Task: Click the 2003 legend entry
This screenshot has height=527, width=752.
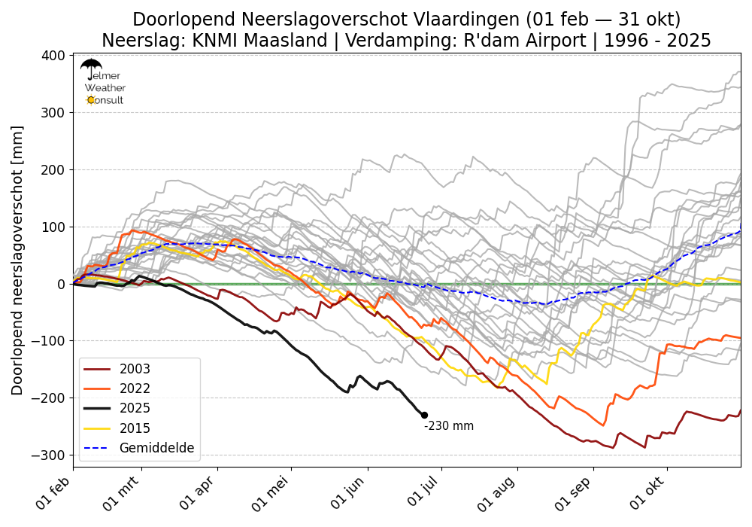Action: (x=135, y=369)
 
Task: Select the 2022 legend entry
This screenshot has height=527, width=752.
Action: (x=135, y=388)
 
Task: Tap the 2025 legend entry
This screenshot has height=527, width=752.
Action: (x=135, y=408)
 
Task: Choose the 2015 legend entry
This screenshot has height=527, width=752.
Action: (x=135, y=428)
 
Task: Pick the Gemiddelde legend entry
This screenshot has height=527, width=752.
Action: (x=156, y=448)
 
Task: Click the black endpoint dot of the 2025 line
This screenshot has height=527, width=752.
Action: (x=424, y=415)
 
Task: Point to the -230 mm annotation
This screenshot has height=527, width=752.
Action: (x=449, y=426)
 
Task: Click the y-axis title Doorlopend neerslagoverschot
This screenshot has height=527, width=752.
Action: (x=17, y=260)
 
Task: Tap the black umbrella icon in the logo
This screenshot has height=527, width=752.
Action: (x=91, y=68)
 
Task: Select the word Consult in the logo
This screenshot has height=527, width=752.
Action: (x=107, y=100)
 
